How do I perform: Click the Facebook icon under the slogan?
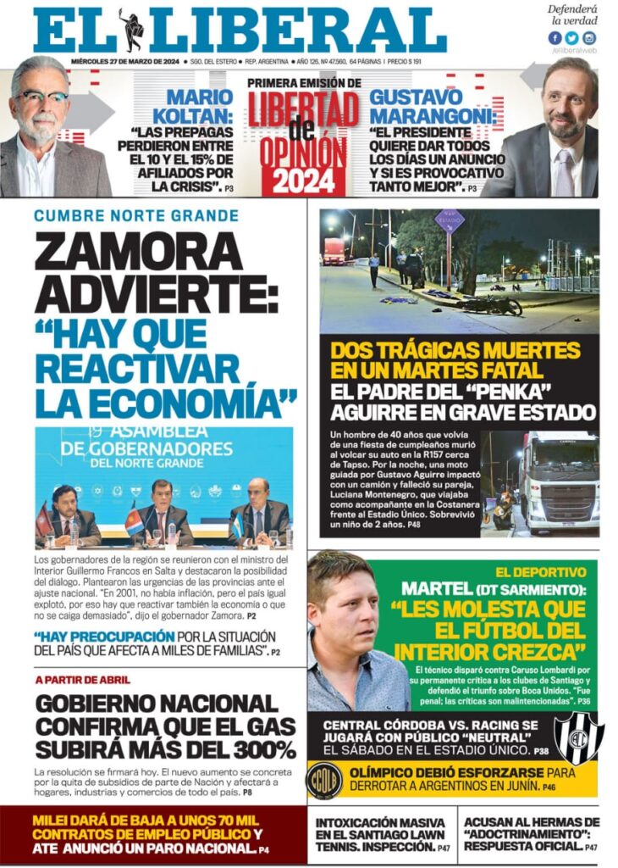(555, 38)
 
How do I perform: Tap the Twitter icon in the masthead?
(571, 38)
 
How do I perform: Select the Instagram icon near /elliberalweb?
(589, 38)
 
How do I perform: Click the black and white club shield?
(578, 737)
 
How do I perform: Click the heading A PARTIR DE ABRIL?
(83, 680)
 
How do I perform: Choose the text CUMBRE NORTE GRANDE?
(136, 216)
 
